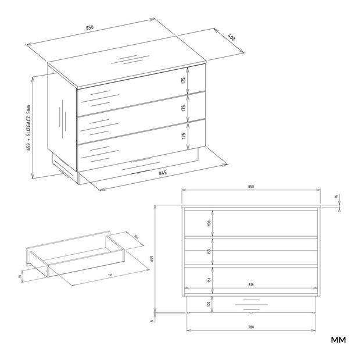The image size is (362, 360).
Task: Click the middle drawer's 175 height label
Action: (184, 108)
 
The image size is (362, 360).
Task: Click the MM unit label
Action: (338, 340)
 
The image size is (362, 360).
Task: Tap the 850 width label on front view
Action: (250, 187)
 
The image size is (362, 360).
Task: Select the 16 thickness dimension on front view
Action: (335, 197)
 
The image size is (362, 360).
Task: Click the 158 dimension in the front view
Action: (209, 223)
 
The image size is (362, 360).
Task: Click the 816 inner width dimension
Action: (250, 285)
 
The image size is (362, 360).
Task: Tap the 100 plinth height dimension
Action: (209, 304)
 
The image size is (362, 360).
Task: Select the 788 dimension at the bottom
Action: (250, 327)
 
